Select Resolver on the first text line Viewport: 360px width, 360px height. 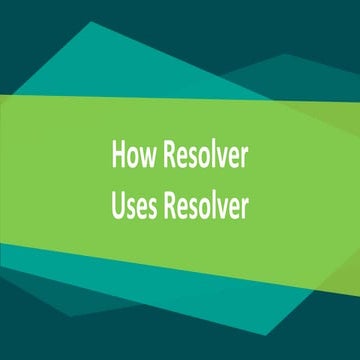[205, 158]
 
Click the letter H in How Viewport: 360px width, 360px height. [118, 158]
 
